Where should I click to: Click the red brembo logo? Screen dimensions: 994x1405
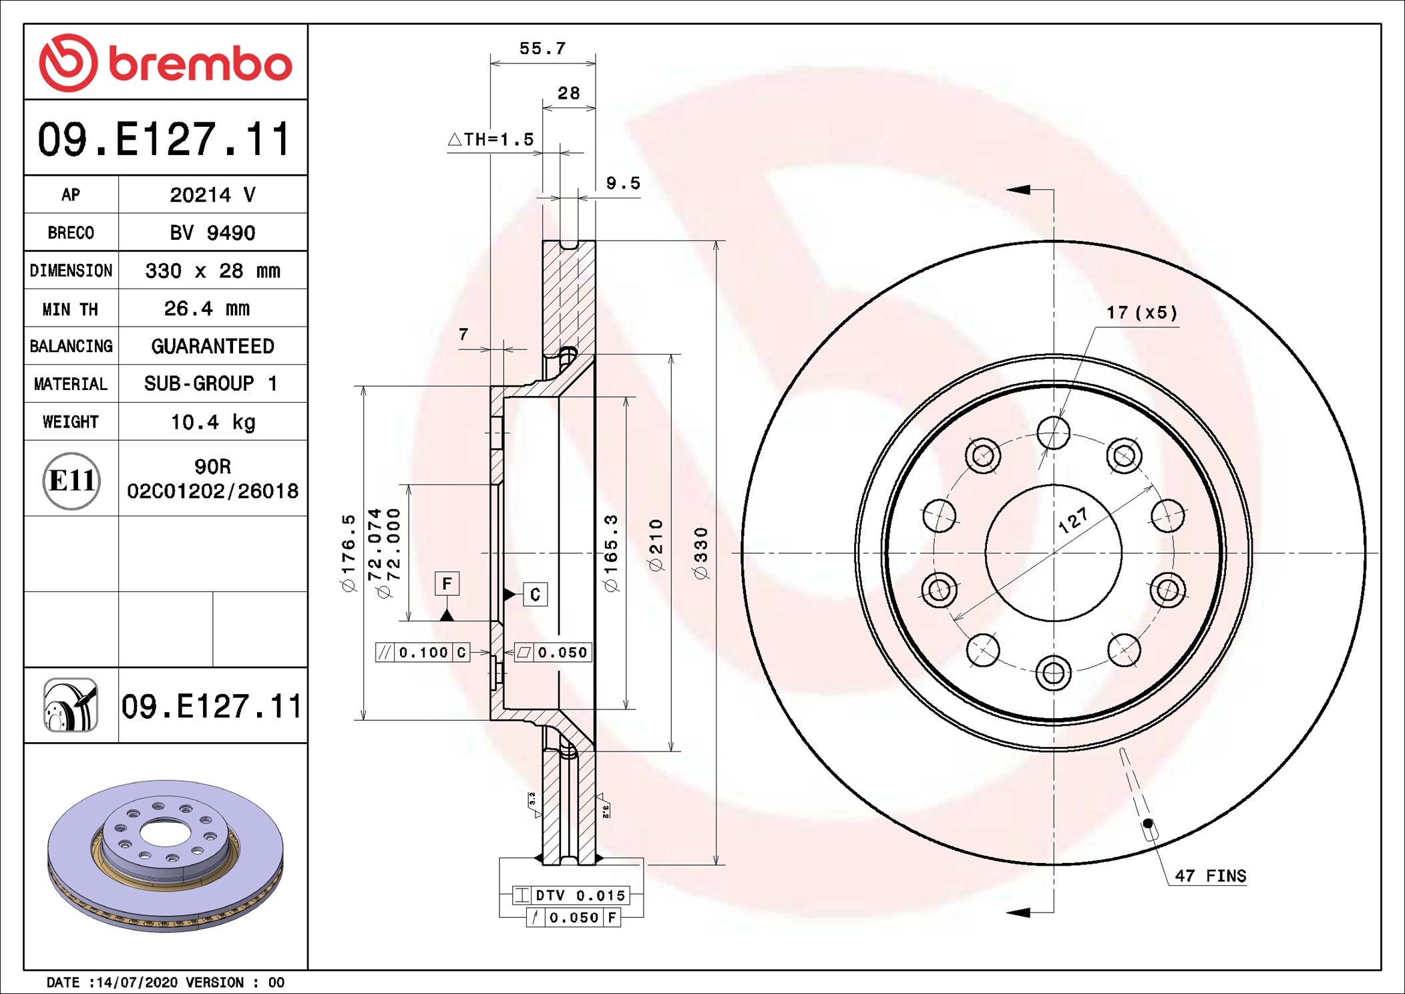point(165,63)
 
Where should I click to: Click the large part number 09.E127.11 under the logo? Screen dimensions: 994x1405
point(164,140)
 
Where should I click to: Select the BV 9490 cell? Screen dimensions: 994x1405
point(212,232)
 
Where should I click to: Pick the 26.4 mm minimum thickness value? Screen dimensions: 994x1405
point(207,309)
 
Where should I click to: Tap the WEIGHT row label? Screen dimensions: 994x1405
point(71,422)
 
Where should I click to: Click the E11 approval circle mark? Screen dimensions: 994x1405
point(71,480)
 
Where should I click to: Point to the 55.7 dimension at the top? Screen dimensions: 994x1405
point(542,49)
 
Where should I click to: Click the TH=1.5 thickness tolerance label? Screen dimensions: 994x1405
point(491,140)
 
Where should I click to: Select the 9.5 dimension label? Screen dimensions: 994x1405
point(623,183)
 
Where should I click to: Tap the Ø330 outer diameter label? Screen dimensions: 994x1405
point(700,553)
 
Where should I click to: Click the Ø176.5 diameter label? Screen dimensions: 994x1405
point(349,553)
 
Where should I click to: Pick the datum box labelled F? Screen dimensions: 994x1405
point(447,583)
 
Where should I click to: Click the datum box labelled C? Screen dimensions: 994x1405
point(535,595)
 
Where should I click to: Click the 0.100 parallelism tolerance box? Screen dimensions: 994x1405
point(423,653)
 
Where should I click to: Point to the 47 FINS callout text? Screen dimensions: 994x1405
point(1210,876)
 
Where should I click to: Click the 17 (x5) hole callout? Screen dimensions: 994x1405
point(1142,313)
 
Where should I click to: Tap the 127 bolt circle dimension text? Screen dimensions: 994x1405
point(1073,520)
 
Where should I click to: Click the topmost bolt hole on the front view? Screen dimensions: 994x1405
point(1054,433)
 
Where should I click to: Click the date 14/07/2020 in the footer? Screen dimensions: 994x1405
point(137,983)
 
